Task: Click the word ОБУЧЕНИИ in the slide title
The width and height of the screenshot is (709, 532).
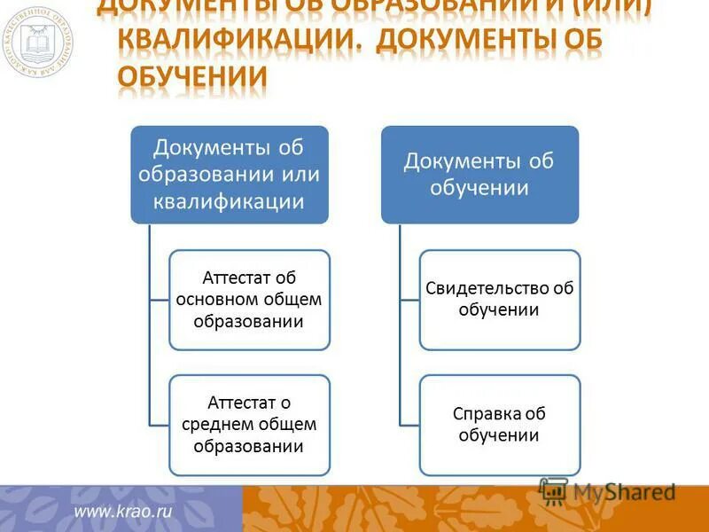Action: pyautogui.click(x=192, y=76)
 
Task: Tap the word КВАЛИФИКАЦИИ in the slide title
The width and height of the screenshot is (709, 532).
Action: pyautogui.click(x=236, y=40)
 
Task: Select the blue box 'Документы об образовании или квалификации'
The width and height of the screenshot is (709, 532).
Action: pyautogui.click(x=230, y=174)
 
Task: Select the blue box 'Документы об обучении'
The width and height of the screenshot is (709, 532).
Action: pyautogui.click(x=479, y=174)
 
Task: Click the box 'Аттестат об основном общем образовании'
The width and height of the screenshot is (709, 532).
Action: pyautogui.click(x=249, y=299)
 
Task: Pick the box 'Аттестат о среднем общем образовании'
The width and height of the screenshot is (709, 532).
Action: pyautogui.click(x=249, y=425)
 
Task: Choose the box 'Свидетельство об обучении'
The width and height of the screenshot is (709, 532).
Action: pyautogui.click(x=500, y=299)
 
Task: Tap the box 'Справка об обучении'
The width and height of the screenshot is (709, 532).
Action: pyautogui.click(x=500, y=425)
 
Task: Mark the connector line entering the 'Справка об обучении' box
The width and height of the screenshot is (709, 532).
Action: pyautogui.click(x=409, y=425)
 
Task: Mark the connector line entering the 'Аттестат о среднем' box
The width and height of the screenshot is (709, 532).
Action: pyautogui.click(x=160, y=425)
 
